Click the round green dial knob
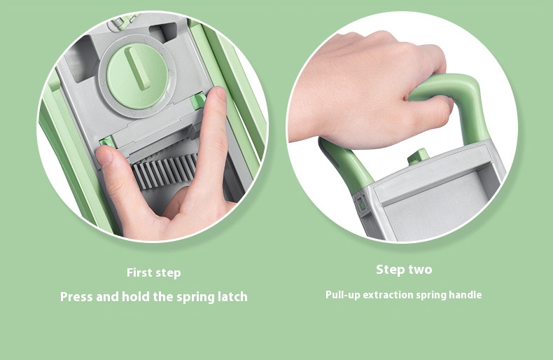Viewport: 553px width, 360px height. tap(136, 75)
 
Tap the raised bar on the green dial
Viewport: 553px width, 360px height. tap(139, 68)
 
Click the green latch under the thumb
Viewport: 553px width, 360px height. tap(106, 142)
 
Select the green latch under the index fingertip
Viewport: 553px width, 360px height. tap(199, 101)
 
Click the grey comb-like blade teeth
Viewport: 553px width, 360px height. tap(164, 172)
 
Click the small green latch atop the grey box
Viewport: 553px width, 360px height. tap(419, 156)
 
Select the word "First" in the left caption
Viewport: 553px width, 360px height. tap(140, 272)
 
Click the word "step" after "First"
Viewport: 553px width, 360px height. tap(168, 273)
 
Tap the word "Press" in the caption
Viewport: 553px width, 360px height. tap(76, 297)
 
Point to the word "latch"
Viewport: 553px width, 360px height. tap(232, 296)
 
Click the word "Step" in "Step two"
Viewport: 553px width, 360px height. tap(389, 270)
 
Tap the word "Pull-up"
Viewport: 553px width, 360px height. tap(343, 295)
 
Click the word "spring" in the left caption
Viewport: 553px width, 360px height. tap(195, 297)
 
